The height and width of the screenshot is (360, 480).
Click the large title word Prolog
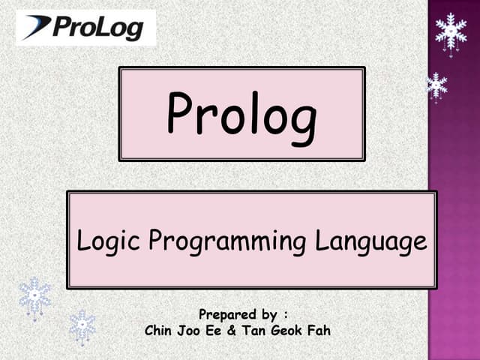pos(241,114)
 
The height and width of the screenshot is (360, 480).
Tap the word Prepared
pos(224,313)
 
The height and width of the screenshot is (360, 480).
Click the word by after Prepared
pos(266,313)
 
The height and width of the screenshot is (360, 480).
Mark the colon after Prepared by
pos(286,313)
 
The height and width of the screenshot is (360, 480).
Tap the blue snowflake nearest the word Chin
pos(82,325)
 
